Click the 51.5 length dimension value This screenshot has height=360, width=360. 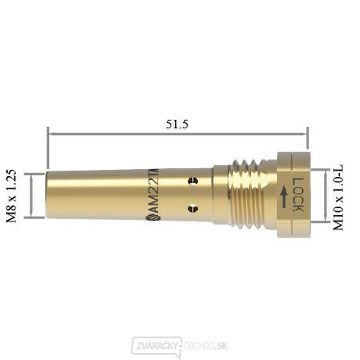(177, 124)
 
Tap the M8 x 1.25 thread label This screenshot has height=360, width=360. (12, 196)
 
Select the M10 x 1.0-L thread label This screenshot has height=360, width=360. (338, 197)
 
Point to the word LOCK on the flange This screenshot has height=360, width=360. (297, 194)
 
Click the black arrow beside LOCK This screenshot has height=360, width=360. (284, 197)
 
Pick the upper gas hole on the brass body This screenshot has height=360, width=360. (193, 181)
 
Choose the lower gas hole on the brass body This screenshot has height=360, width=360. (193, 208)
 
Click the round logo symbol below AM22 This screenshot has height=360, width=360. (153, 218)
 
